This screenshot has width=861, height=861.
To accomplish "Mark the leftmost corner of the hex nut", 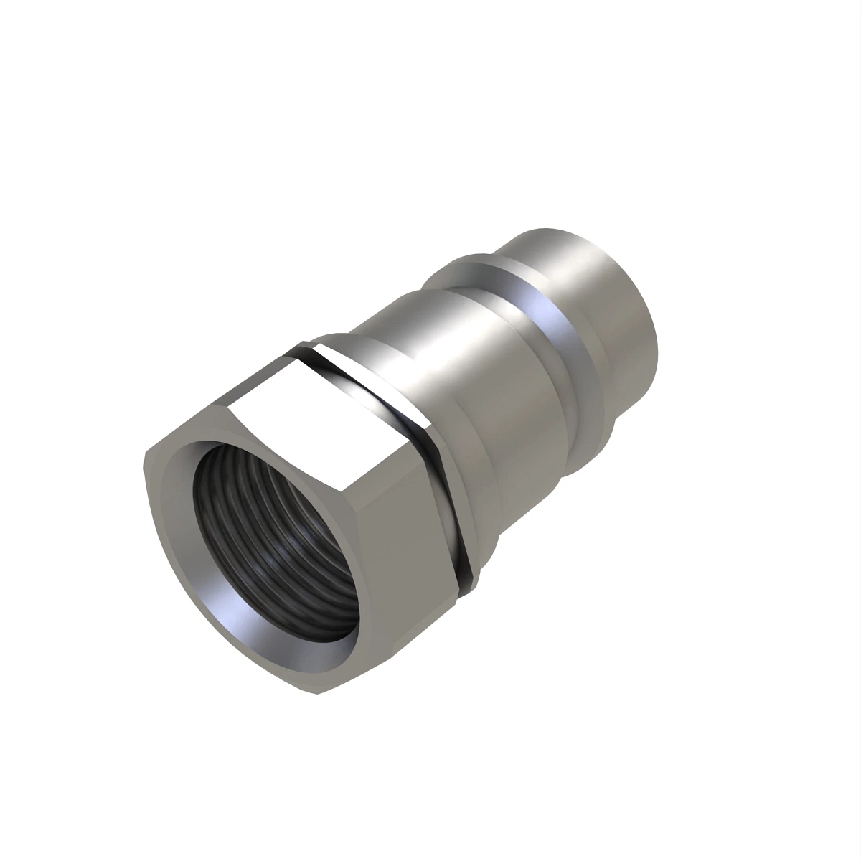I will [x=146, y=451].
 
